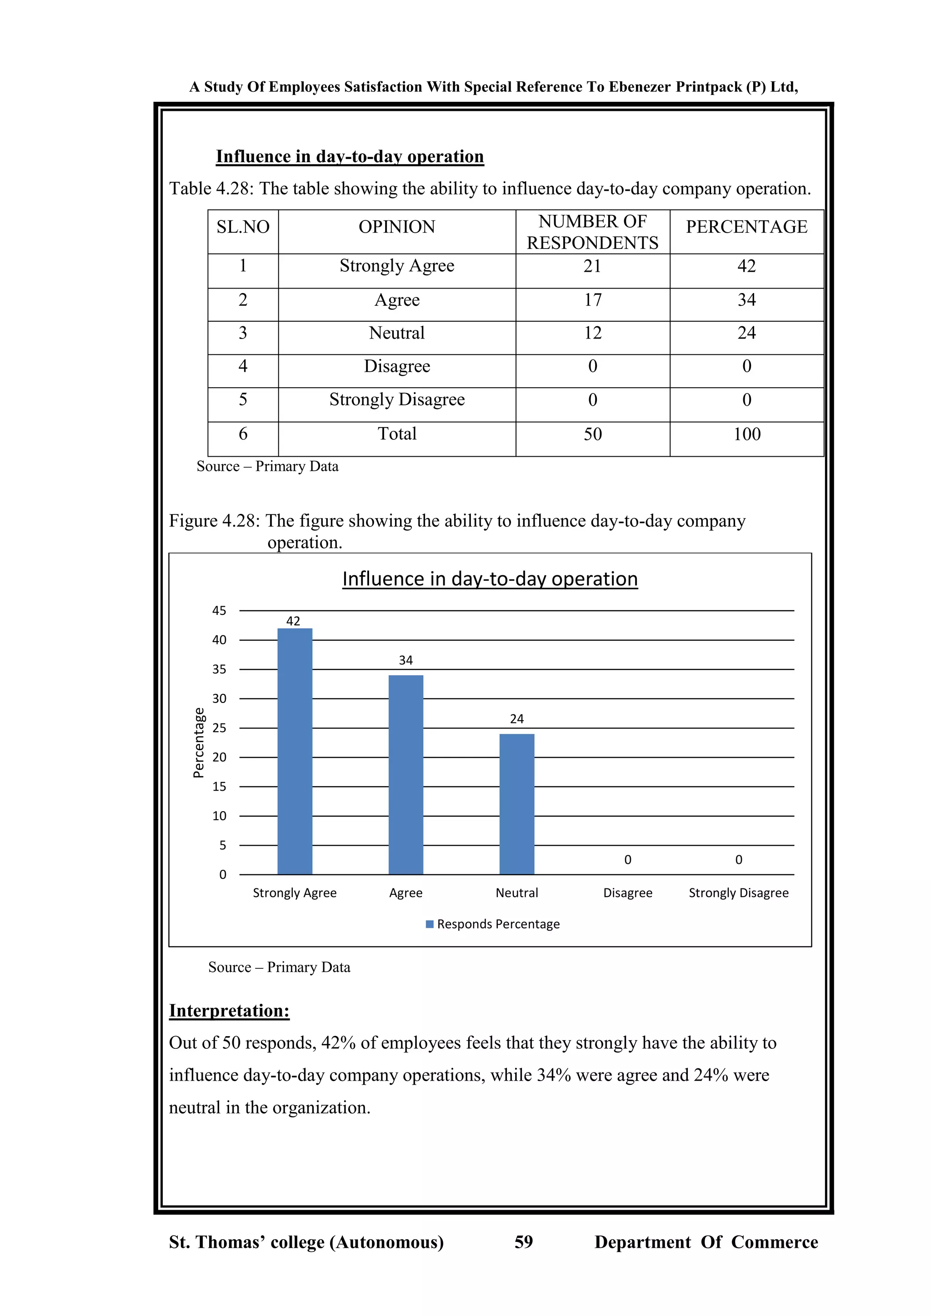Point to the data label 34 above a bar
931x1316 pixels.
click(x=406, y=660)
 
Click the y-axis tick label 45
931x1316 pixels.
click(x=219, y=611)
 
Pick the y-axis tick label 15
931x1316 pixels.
click(x=219, y=787)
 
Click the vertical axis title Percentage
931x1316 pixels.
click(x=198, y=743)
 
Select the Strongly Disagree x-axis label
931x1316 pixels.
click(x=738, y=893)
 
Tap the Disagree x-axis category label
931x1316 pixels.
click(x=628, y=893)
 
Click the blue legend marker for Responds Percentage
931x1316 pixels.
click(x=430, y=924)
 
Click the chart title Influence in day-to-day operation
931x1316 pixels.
click(x=490, y=579)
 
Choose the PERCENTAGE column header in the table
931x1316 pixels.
click(x=746, y=227)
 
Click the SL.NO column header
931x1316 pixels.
click(x=243, y=227)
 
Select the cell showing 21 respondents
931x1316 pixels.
click(x=592, y=266)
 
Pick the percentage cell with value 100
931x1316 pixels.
click(x=746, y=434)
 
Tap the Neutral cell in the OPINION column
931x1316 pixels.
click(x=397, y=333)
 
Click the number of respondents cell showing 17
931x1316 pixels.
click(x=592, y=300)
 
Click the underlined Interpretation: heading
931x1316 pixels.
click(x=229, y=1011)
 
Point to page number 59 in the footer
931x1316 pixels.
click(x=523, y=1242)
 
